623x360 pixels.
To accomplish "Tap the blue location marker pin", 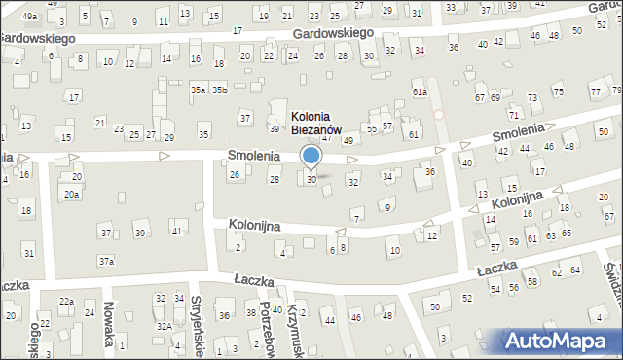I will point(311,156).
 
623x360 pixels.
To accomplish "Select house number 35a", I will point(198,90).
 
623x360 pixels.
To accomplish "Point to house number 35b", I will point(220,90).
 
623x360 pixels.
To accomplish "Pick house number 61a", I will point(420,91).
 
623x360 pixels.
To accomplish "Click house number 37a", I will point(106,261).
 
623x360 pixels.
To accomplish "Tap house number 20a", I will point(71,194).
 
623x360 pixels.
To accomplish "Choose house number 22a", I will point(65,302).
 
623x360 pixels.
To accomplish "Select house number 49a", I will point(29,16).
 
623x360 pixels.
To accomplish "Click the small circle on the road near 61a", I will point(438,114).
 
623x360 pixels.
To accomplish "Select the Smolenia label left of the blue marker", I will point(254,155).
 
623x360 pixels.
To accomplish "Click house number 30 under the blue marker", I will point(311,179).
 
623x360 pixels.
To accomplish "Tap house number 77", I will point(594,91).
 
